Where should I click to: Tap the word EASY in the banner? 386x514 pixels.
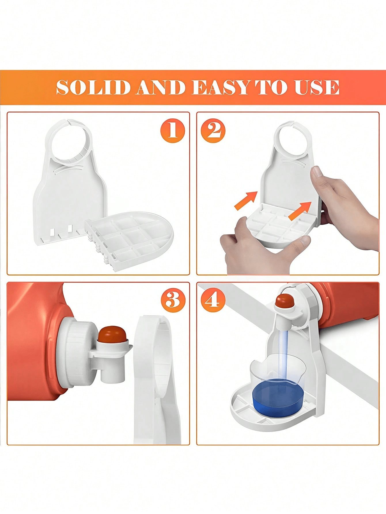221,87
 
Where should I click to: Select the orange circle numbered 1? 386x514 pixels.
172,130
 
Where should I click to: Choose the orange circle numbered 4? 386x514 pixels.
213,300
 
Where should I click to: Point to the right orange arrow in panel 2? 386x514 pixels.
300,211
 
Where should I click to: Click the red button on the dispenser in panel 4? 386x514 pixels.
284,301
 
